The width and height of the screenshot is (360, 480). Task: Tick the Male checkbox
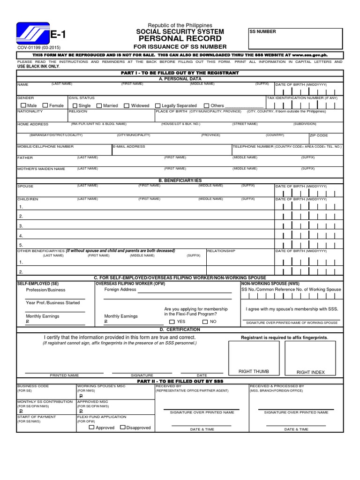[22, 106]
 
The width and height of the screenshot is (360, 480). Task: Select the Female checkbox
[45, 106]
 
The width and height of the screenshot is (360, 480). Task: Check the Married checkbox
[99, 106]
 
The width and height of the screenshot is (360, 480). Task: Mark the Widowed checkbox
[127, 106]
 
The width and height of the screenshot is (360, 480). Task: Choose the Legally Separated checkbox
[157, 106]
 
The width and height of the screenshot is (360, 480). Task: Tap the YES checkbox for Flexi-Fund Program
[172, 322]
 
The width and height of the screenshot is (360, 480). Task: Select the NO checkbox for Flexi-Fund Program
[205, 322]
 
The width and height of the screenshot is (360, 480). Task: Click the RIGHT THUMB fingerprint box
[254, 359]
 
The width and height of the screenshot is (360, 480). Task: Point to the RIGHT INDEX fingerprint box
[310, 359]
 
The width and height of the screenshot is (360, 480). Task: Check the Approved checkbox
[91, 427]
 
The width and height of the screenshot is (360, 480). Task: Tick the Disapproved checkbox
[123, 427]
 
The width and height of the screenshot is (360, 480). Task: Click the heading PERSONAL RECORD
[180, 39]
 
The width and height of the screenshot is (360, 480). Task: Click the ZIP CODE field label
[319, 135]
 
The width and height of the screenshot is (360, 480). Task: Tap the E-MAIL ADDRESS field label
[129, 147]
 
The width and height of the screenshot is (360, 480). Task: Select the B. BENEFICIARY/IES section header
[180, 180]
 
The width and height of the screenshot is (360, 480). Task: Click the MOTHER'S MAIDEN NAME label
[41, 169]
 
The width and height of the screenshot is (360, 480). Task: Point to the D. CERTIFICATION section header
[180, 330]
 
